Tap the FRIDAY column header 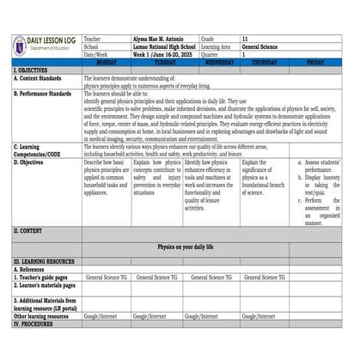[x=314, y=63]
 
